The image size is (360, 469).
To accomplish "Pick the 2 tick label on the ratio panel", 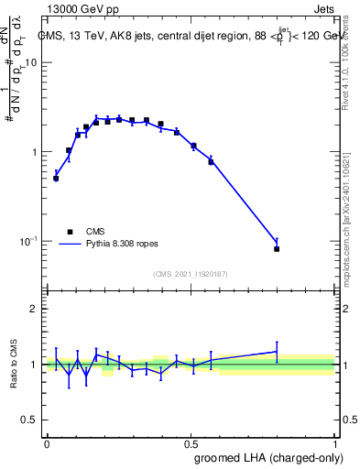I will pyautogui.click(x=35, y=309).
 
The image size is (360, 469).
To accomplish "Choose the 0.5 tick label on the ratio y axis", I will pyautogui.click(x=30, y=420).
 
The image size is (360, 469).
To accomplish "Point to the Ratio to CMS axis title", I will pyautogui.click(x=15, y=364).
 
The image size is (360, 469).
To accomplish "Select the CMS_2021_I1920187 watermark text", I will pyautogui.click(x=191, y=274).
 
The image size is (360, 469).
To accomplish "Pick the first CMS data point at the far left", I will pyautogui.click(x=56, y=179).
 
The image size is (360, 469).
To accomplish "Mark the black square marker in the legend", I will pyautogui.click(x=69, y=232).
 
